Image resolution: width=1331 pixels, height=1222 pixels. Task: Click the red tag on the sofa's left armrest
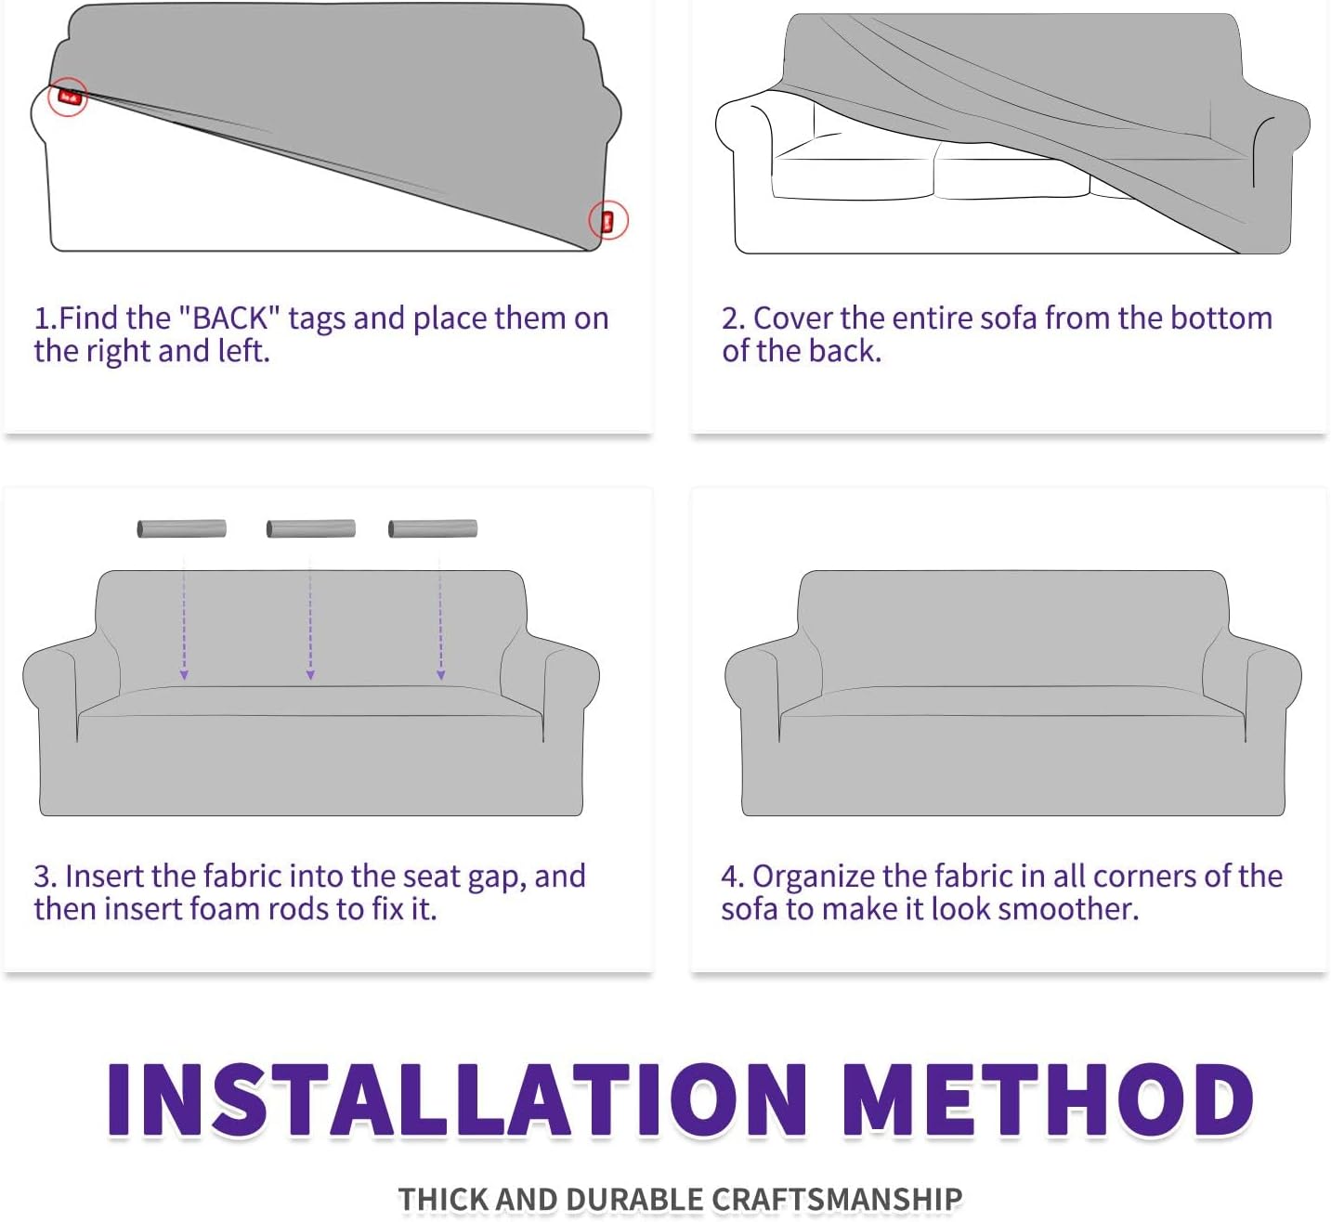69,97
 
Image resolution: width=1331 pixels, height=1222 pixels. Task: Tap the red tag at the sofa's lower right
607,221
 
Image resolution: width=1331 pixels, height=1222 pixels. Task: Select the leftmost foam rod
181,528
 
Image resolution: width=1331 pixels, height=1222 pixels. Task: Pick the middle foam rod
310,528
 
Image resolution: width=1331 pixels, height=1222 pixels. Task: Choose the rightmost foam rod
433,528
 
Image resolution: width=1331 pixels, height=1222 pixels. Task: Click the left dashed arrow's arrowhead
184,675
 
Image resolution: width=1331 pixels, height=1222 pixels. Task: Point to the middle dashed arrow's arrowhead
310,675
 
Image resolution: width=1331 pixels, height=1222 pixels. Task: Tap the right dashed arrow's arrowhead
440,675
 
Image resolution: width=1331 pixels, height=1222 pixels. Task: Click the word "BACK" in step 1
229,318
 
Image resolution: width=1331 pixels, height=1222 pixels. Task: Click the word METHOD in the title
1048,1100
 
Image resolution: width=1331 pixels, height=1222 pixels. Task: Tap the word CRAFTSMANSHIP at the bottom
837,1199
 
